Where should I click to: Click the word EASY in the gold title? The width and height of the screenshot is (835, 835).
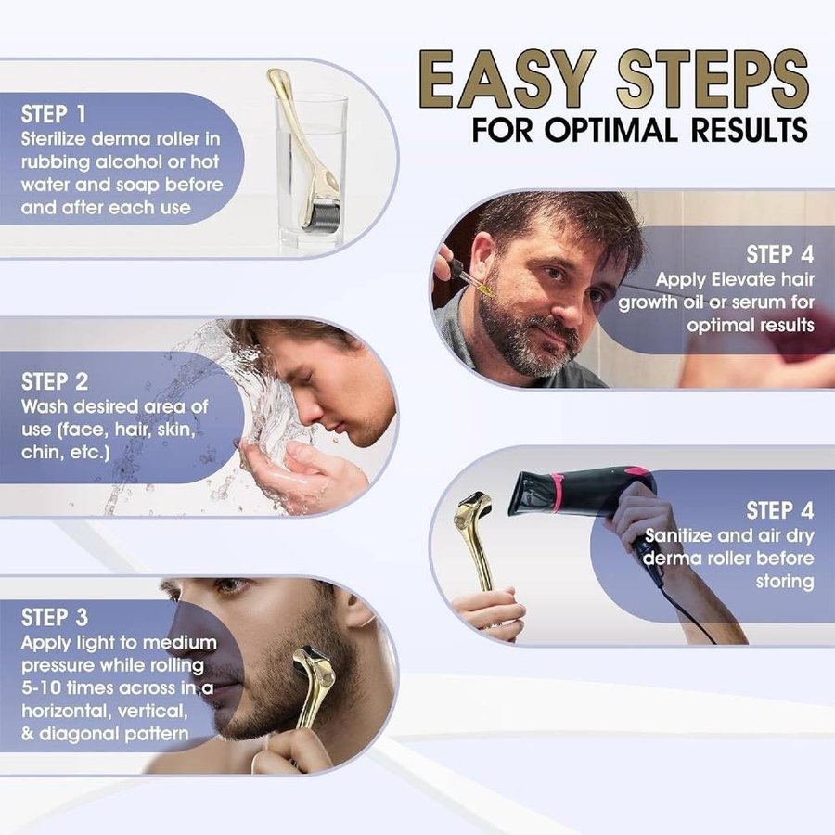click(506, 79)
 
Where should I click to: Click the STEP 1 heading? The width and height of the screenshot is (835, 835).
click(53, 114)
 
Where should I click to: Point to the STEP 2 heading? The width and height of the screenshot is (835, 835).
click(55, 382)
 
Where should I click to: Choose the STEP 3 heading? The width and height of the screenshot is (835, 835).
click(55, 618)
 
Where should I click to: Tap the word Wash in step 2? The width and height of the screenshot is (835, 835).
click(45, 407)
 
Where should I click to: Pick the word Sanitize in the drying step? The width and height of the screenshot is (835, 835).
click(678, 535)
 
